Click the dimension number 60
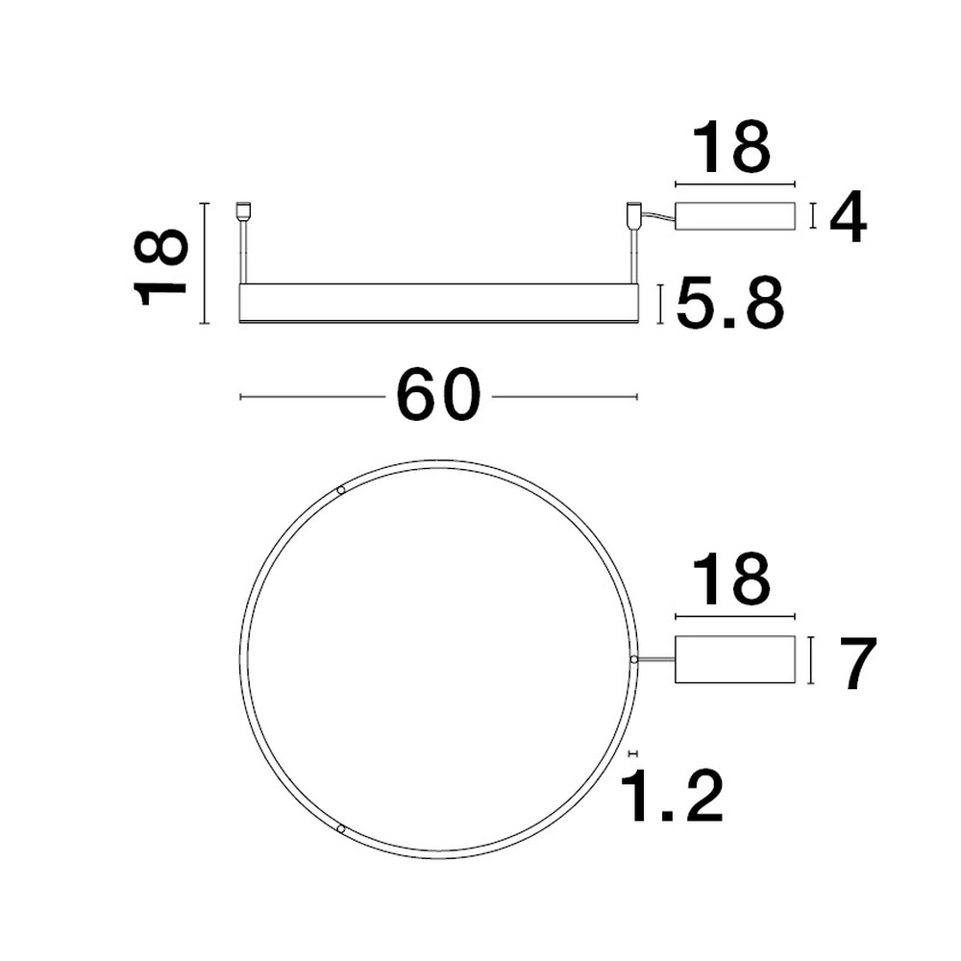(437, 395)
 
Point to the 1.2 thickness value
(672, 796)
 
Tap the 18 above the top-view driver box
(735, 579)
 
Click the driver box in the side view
(735, 216)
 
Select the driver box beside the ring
(735, 660)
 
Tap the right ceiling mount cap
(633, 212)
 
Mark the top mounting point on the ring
(341, 491)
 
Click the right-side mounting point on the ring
(633, 659)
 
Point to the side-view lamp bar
(438, 303)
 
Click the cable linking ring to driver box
(655, 659)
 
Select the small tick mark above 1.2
(631, 754)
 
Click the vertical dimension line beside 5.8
(661, 304)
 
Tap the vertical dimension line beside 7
(813, 660)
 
